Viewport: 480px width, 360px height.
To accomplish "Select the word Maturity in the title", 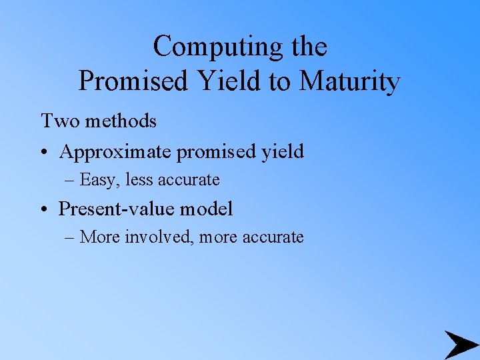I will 350,82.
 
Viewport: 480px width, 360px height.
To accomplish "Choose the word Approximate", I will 116,152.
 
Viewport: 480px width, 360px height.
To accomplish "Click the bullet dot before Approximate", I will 45,153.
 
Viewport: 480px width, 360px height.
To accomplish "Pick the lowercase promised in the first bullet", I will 217,152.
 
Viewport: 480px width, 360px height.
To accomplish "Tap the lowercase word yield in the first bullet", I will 283,152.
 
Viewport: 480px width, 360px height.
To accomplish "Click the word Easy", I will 97,180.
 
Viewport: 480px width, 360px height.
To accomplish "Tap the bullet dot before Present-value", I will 45,210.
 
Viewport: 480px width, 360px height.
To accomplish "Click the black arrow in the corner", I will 459,344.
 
